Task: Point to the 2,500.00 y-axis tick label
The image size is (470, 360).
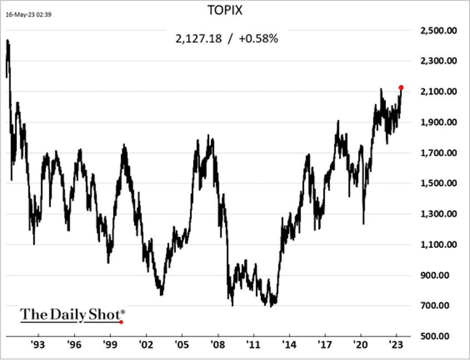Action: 436,30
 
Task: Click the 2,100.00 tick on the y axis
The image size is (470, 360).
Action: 436,91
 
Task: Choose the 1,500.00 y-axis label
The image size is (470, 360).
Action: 436,183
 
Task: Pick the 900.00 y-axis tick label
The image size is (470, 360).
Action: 439,275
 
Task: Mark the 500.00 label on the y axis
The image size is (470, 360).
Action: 439,336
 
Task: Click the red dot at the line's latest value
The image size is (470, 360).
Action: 401,87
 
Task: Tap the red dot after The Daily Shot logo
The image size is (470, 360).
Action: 121,322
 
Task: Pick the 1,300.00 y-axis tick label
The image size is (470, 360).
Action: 436,214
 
